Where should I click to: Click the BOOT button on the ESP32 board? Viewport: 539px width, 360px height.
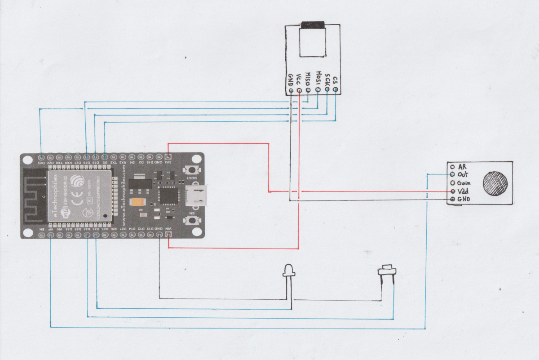tap(192, 170)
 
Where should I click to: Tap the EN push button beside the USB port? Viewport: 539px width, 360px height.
tap(192, 220)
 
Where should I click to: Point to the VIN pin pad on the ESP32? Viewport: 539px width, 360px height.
tap(169, 234)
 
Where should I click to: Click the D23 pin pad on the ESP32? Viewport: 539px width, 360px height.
tap(41, 157)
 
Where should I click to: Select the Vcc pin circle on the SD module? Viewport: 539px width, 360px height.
tap(299, 90)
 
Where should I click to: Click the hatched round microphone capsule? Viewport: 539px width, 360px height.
tap(496, 183)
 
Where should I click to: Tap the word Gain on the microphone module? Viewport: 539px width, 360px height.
tap(464, 183)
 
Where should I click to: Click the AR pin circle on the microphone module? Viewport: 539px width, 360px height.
tap(452, 166)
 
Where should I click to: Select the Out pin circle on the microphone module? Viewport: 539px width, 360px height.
tap(452, 174)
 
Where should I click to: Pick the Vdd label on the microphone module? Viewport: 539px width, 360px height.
tap(463, 191)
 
